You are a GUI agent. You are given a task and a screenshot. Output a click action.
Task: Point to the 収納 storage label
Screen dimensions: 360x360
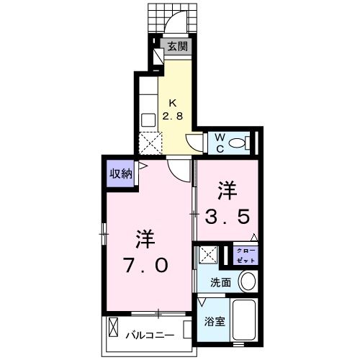120,173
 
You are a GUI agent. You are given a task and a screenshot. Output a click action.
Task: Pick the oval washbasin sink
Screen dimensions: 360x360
247,281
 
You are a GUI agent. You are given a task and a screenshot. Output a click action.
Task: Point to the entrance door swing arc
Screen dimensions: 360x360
174,25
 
